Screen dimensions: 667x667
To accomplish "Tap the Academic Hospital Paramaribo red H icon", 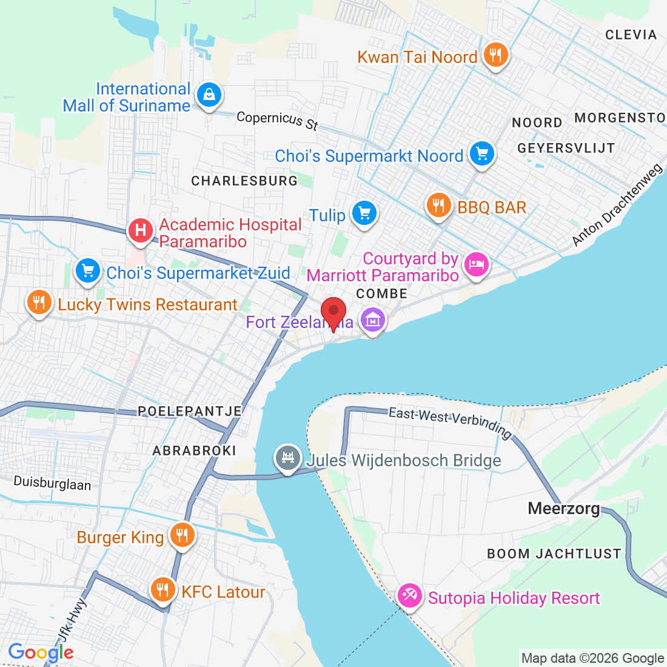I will tap(141, 231).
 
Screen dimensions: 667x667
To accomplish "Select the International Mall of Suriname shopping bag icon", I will tap(209, 95).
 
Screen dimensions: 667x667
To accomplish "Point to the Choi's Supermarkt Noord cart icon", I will tap(482, 154).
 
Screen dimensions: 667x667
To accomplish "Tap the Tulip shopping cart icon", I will tap(364, 213).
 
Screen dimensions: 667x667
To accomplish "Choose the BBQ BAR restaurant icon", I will tap(438, 206).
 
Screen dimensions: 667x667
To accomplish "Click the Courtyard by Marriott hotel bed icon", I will tap(476, 264).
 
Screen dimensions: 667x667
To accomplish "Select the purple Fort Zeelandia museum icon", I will tap(372, 320).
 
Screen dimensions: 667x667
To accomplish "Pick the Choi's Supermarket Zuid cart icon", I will tap(89, 271).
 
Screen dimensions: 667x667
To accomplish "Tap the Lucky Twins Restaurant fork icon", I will tap(39, 301).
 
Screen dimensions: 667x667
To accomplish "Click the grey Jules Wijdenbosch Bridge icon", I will tap(288, 458).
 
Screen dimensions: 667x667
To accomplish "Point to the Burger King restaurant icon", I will tap(181, 535).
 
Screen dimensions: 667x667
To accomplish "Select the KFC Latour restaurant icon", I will tap(162, 589).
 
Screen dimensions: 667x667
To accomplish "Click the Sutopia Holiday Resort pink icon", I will tap(410, 595).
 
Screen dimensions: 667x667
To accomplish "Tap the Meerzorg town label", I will tap(564, 508).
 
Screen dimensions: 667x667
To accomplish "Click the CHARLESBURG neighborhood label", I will tap(244, 181).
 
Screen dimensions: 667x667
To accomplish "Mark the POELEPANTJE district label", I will tap(190, 411).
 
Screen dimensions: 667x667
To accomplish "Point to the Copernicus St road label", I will tap(277, 119).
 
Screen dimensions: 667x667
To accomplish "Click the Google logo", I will tap(41, 653).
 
